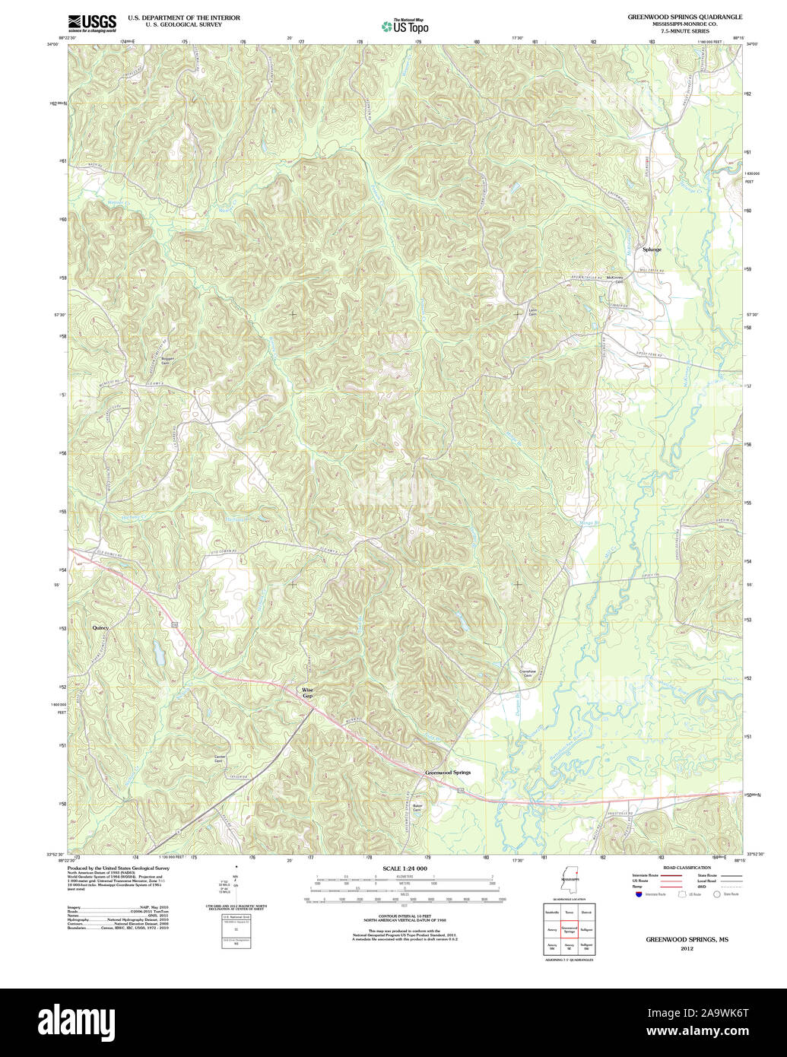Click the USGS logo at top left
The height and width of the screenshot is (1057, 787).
pos(92,23)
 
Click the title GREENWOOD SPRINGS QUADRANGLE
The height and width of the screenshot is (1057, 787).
pos(684,16)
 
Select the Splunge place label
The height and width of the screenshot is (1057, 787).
pos(652,249)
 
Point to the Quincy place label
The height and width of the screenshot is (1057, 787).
pos(100,627)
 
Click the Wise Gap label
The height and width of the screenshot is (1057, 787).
pos(308,692)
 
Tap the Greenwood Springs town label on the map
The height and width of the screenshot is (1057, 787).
pos(447,772)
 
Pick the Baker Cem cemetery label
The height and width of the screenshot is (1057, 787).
pos(417,808)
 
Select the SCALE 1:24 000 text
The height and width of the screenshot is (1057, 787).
pos(405,868)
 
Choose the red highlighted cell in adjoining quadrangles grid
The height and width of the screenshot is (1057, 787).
pos(570,929)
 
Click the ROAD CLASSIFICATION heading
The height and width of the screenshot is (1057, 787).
pos(686,868)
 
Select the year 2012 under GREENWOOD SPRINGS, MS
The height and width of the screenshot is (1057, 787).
pos(687,949)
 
